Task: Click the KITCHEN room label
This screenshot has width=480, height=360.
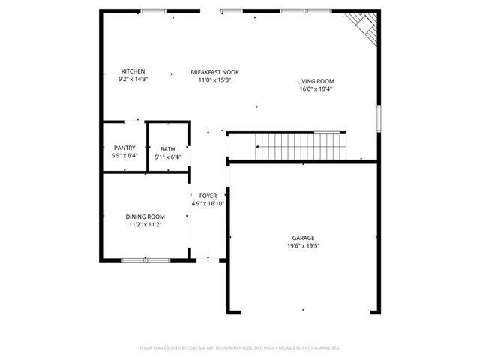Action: click(x=132, y=71)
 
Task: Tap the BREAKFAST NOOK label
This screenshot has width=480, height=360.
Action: click(x=214, y=71)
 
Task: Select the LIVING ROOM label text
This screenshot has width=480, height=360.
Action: click(x=315, y=81)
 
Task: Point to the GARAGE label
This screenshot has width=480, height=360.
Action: click(x=304, y=238)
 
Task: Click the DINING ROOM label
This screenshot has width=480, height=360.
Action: click(x=145, y=217)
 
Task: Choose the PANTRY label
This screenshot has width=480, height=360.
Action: click(x=124, y=148)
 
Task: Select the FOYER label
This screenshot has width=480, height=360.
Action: click(x=208, y=195)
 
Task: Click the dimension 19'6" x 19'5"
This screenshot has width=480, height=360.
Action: click(x=304, y=245)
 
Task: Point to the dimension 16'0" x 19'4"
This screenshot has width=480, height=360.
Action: click(x=315, y=88)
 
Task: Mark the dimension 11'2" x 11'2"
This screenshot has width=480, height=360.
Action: click(x=145, y=224)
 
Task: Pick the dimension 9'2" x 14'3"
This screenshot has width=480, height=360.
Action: click(x=133, y=79)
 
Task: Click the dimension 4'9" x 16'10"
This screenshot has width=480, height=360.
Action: click(x=208, y=202)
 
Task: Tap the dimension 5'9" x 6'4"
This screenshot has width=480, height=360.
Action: click(x=124, y=157)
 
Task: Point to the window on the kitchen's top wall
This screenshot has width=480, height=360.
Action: click(x=154, y=11)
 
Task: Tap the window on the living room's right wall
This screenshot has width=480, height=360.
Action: click(x=379, y=117)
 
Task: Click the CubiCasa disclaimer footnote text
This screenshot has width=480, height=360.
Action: click(x=240, y=347)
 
